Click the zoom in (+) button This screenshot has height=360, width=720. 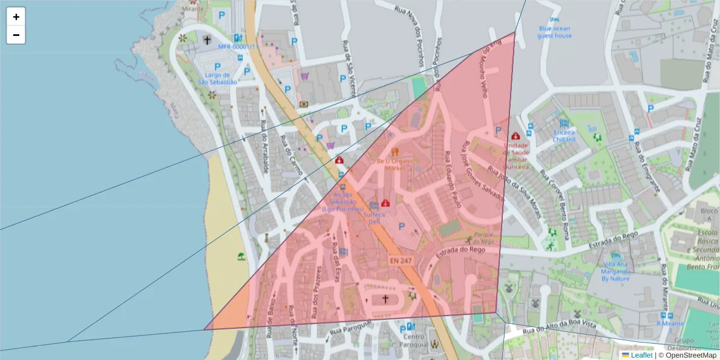pos(16,17)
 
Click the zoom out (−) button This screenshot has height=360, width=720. pos(16,35)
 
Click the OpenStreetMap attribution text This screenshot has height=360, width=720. pos(691,355)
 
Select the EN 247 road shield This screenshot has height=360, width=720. pos(401,261)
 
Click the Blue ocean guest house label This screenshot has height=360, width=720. pos(554,32)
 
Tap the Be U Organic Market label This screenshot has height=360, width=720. pos(395,165)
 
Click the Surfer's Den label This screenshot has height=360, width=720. pos(374,217)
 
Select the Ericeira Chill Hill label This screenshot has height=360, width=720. pos(563,136)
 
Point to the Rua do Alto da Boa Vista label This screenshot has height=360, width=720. pos(559,328)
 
